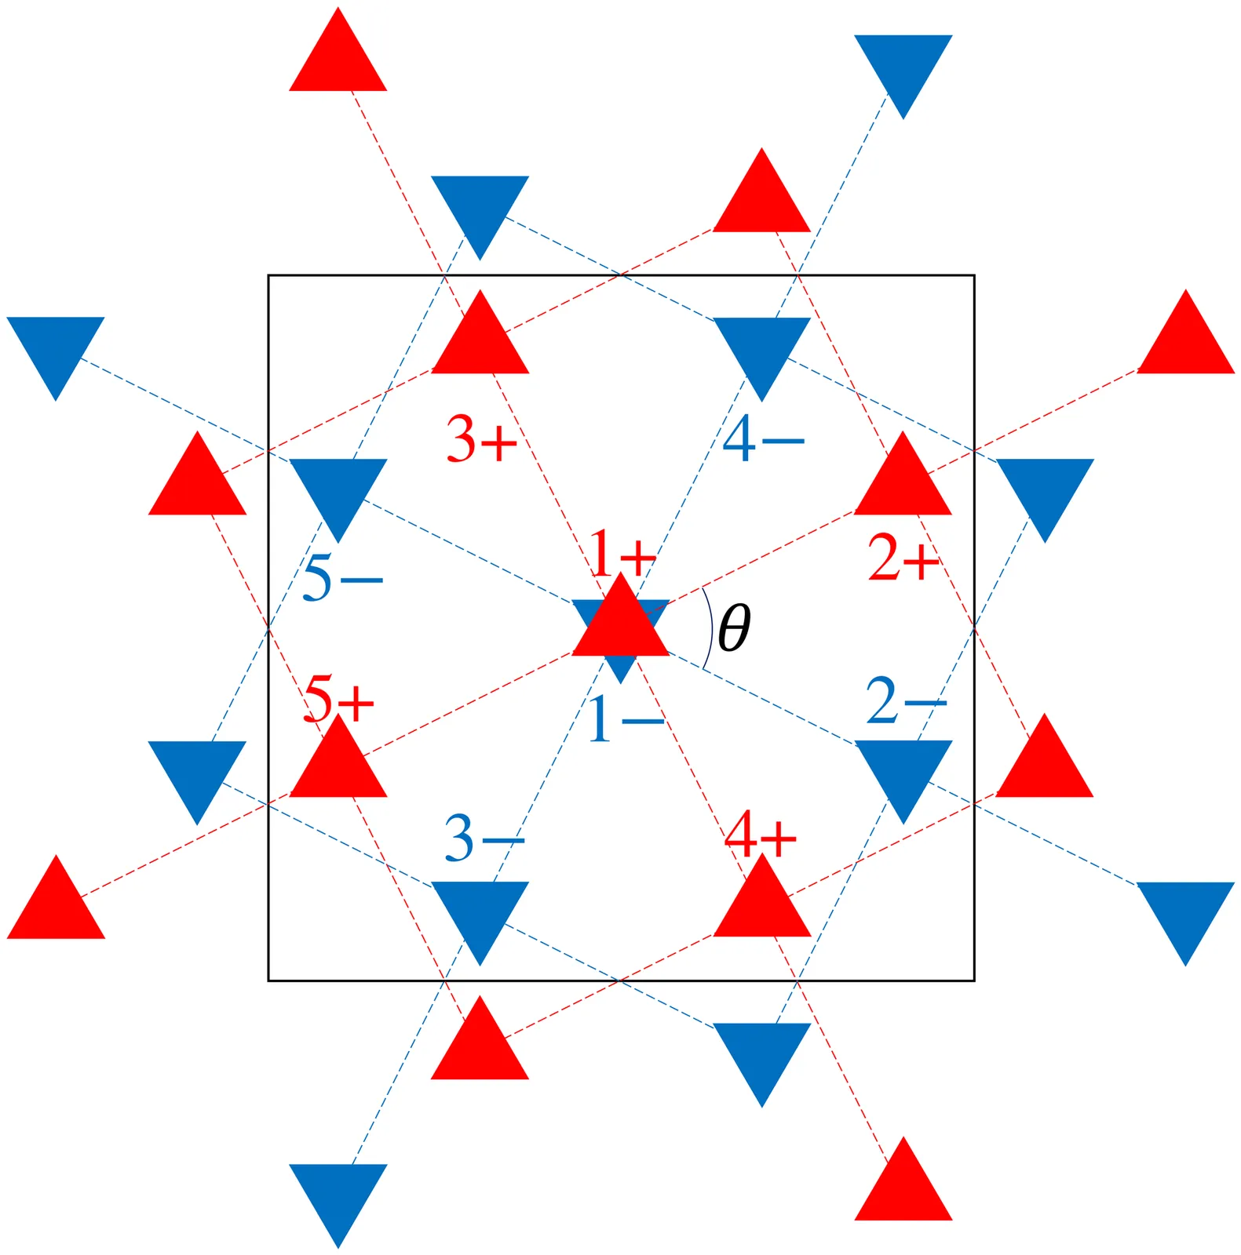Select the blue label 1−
626,719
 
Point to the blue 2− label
906,700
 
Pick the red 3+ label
482,438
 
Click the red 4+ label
760,835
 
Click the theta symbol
734,627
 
